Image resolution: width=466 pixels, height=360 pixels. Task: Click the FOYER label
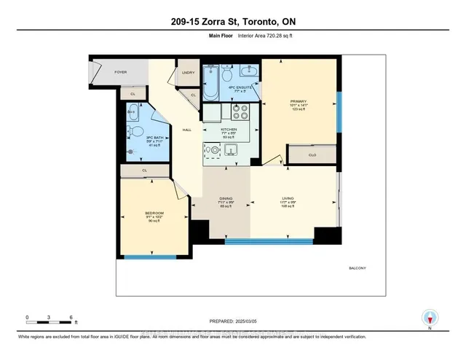(120, 73)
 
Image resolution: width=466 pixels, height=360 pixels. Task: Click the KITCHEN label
(229, 128)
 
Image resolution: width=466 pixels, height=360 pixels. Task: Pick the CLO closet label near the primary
(312, 154)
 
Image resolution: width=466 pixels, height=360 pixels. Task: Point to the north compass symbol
(430, 318)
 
